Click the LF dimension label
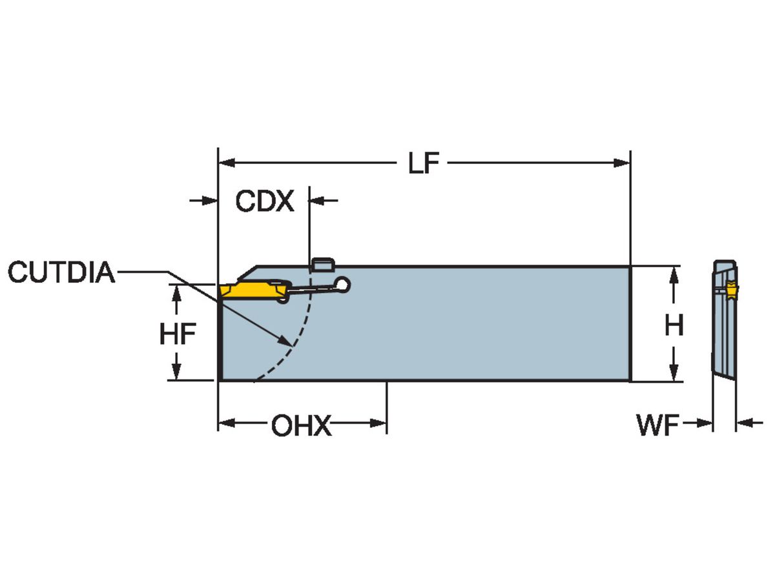[424, 164]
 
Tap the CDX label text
[264, 201]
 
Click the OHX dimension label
[301, 426]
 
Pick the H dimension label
[674, 326]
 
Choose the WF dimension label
[657, 426]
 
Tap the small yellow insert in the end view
[732, 291]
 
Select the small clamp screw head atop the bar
[322, 264]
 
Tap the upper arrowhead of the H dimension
[674, 274]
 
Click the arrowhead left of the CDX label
[210, 201]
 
